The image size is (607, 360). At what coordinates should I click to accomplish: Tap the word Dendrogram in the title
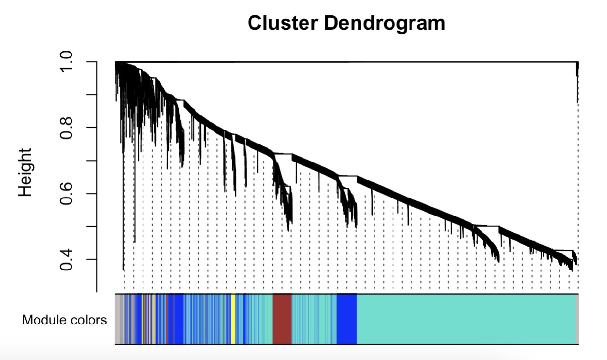tap(385, 23)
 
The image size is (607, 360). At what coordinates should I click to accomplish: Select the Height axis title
tap(25, 172)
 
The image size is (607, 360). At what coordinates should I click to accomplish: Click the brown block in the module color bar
tap(282, 319)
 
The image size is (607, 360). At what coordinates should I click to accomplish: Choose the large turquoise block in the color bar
tap(466, 319)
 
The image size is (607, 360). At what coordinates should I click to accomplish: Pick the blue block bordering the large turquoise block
tap(346, 319)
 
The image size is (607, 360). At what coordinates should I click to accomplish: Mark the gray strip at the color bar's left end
tap(118, 319)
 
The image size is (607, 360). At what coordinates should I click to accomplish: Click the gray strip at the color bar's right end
tap(577, 319)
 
